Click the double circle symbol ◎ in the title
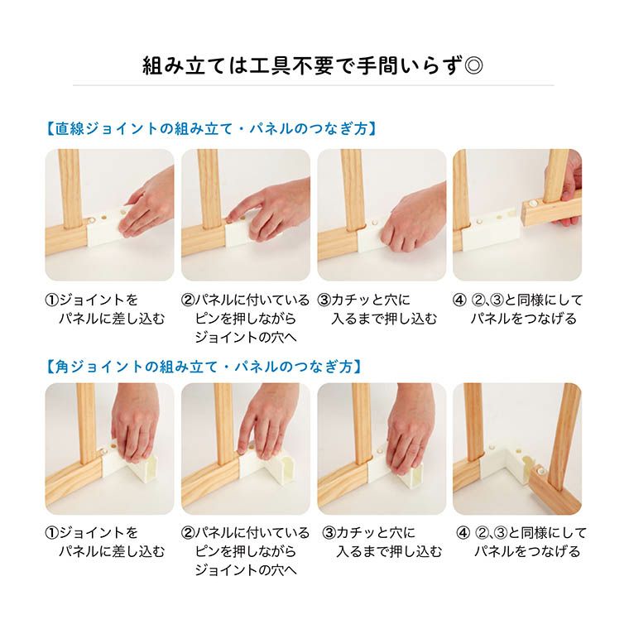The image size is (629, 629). point(474,65)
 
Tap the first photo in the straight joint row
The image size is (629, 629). point(109,214)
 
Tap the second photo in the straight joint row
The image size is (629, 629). point(245,214)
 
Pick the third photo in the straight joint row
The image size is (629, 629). point(382,214)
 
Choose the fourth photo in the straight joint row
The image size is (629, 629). point(516,214)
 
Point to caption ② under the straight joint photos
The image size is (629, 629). point(245,318)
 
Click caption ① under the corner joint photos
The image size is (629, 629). point(104,542)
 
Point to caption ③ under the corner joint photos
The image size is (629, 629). point(379,542)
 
